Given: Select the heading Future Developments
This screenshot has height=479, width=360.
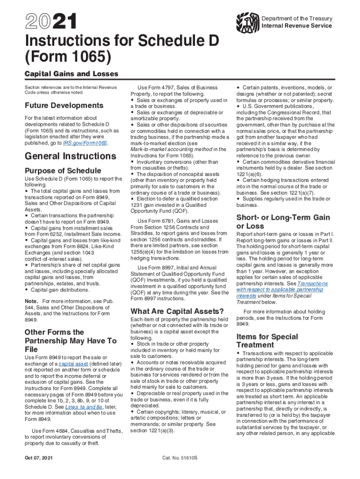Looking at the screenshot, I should pyautogui.click(x=64, y=105).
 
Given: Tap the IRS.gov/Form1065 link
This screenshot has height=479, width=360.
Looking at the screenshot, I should pyautogui.click(x=86, y=143).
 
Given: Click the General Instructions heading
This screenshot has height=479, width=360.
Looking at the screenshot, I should pyautogui.click(x=67, y=156).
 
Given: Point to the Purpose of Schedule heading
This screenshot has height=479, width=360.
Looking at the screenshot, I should pyautogui.click(x=63, y=171).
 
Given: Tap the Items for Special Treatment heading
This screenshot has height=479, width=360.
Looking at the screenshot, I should pyautogui.click(x=267, y=341).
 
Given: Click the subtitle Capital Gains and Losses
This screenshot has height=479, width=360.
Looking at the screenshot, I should pyautogui.click(x=72, y=74).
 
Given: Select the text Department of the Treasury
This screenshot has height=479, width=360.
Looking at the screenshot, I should pyautogui.click(x=297, y=19).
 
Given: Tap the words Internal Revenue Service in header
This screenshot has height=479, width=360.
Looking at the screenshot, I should pyautogui.click(x=297, y=26).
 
